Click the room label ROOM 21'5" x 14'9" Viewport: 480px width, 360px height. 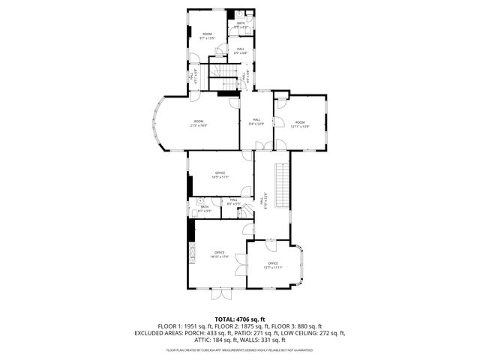pos(199,123)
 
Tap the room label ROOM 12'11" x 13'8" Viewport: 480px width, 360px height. pos(300,124)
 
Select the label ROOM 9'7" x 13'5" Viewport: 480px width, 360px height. pos(207,36)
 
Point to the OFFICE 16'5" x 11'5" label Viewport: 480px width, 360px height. pos(220,175)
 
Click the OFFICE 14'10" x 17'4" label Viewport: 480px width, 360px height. pos(220,255)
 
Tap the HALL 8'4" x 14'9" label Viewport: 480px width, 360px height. pos(256,122)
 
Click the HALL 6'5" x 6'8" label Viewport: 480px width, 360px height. pos(240,51)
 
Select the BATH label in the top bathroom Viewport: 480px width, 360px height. pos(241,25)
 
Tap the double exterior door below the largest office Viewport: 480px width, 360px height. pos(221,290)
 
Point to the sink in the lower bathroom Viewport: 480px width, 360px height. pos(201,201)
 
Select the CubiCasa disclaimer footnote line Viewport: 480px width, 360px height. pos(239,349)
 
